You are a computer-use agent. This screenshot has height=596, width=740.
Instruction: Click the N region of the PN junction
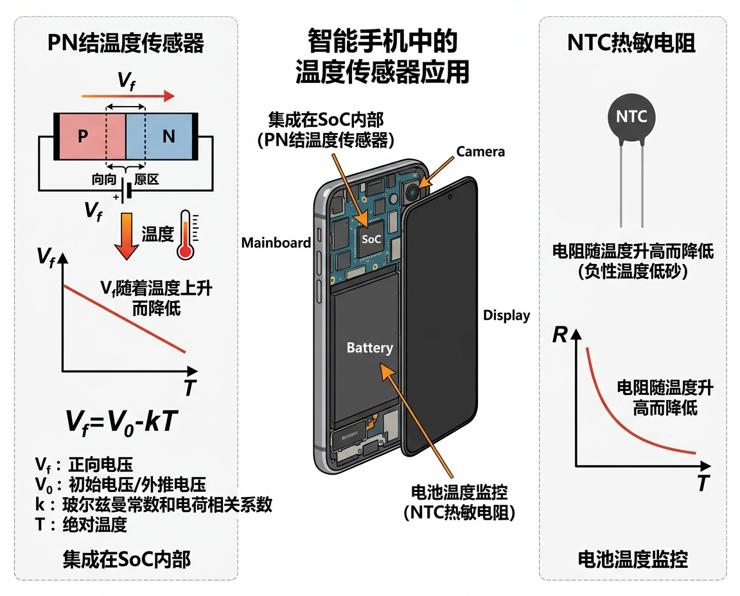(x=168, y=136)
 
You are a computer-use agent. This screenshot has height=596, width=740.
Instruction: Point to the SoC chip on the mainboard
(x=371, y=239)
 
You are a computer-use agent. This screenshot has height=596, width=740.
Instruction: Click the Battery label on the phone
(x=369, y=347)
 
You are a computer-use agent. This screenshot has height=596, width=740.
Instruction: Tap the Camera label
(x=480, y=152)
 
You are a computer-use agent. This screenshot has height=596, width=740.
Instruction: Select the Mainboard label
(x=276, y=243)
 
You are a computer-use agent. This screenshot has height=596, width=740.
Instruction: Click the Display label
(x=506, y=315)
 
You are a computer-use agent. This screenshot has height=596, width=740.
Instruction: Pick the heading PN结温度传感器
(x=126, y=44)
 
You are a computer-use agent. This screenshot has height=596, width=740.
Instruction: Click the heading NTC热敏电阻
(x=631, y=44)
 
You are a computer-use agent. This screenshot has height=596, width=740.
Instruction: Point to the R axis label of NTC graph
(x=560, y=335)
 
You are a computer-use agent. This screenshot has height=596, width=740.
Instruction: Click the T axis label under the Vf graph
(x=189, y=388)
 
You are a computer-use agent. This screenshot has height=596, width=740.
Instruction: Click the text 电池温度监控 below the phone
(x=459, y=493)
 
